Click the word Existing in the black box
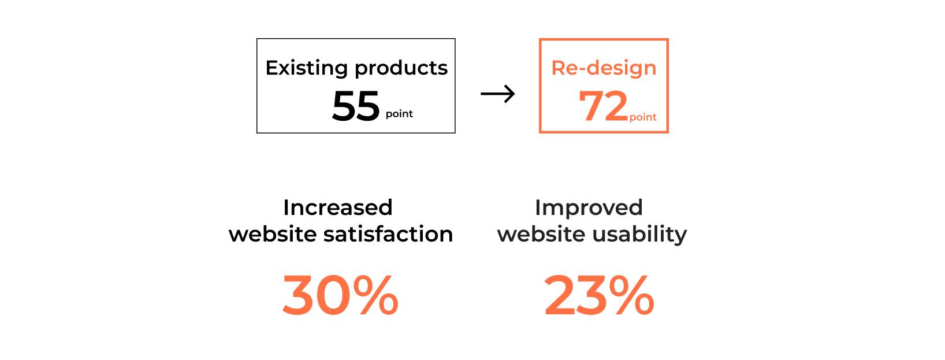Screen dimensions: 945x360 click(306, 68)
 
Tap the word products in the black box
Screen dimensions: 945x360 click(401, 68)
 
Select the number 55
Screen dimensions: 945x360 click(356, 106)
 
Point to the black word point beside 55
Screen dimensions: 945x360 click(399, 114)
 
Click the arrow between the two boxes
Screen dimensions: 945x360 click(498, 94)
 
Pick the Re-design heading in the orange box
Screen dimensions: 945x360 click(604, 68)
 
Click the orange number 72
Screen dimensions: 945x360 click(604, 106)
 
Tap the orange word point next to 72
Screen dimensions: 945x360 click(643, 117)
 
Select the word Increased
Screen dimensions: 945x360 click(338, 207)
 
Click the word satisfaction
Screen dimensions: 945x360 click(388, 234)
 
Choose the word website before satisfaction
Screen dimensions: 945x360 click(273, 234)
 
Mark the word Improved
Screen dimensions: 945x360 click(589, 208)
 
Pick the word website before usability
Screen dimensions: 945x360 click(541, 234)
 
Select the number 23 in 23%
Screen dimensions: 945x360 click(575, 295)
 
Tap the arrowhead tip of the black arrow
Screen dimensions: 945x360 click(515, 94)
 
